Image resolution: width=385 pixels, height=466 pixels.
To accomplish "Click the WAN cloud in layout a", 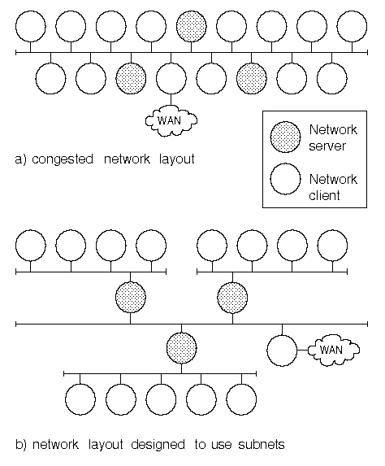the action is click(171, 120).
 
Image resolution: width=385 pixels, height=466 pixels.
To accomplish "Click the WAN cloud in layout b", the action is click(334, 350).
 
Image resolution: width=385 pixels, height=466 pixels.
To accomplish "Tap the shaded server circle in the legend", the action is click(285, 137).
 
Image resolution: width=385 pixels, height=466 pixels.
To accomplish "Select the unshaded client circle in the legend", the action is click(285, 179).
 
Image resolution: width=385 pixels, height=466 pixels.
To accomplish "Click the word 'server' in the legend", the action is click(327, 146).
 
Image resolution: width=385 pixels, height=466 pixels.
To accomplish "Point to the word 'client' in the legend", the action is click(324, 195).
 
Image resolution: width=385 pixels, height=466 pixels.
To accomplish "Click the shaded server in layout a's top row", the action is click(192, 27).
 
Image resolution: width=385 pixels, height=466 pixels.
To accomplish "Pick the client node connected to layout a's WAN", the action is click(171, 78).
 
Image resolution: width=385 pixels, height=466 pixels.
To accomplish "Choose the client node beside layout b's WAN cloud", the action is click(282, 351).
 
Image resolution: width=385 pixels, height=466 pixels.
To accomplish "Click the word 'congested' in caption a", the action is click(63, 159).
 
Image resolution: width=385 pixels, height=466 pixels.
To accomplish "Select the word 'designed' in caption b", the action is click(158, 445).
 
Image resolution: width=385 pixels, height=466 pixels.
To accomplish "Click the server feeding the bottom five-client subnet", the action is click(181, 348).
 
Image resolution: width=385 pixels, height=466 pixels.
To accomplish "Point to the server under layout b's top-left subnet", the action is click(130, 297).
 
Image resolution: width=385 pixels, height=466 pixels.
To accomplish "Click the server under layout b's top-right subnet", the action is click(232, 297).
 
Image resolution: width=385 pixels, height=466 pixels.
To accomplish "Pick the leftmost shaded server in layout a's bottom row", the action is click(131, 78).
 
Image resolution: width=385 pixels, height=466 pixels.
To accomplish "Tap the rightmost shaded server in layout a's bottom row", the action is click(252, 78).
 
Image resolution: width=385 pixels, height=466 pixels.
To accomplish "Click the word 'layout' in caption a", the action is click(177, 159).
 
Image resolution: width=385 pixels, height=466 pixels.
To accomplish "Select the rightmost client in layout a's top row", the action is click(352, 27).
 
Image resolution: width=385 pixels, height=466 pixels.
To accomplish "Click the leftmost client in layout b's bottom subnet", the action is click(80, 399).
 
